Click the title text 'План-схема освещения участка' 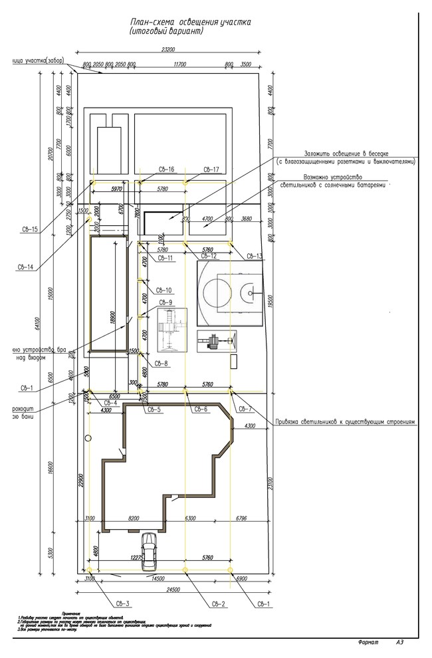[190, 22]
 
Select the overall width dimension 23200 [168, 50]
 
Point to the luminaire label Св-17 [211, 169]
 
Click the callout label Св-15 [29, 230]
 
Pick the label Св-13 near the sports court [255, 256]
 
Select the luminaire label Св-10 [164, 290]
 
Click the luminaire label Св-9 [165, 303]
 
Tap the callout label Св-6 [201, 409]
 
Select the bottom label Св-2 [219, 603]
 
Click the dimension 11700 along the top [179, 64]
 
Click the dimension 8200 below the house [134, 518]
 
